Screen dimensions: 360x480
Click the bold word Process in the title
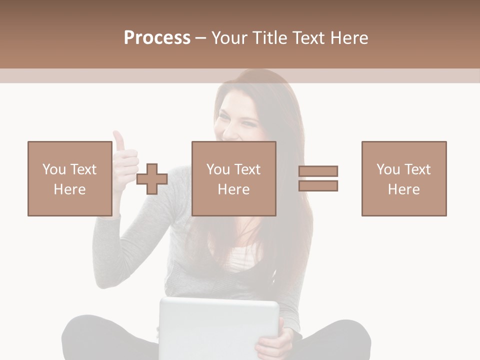[157, 38]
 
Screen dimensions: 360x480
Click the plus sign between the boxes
[152, 179]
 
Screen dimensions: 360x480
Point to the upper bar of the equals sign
[318, 171]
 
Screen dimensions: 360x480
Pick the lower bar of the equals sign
[318, 185]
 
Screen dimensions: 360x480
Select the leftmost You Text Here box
[69, 178]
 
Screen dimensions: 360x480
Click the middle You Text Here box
[233, 178]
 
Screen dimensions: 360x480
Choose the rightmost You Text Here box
[403, 178]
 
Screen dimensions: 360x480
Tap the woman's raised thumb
[119, 141]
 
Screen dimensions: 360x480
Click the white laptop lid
[218, 327]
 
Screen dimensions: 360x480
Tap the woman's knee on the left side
[80, 330]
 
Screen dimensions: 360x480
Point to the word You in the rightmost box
[388, 169]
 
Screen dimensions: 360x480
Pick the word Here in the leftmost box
[69, 189]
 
